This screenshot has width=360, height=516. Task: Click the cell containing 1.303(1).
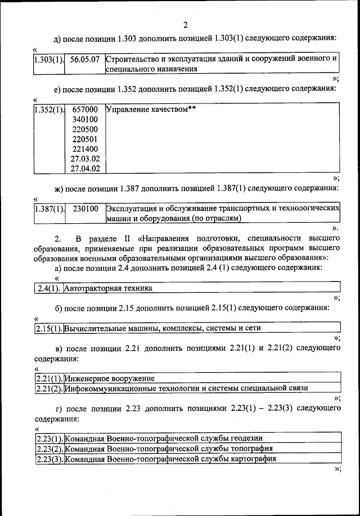48,58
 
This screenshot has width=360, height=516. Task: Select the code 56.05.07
85,58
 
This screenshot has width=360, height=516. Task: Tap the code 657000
85,109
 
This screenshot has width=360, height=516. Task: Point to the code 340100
85,119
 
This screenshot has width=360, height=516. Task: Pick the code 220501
85,139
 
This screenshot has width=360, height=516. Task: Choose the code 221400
85,148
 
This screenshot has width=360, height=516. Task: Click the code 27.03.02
85,159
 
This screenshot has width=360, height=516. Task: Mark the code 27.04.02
85,168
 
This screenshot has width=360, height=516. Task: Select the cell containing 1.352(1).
48,109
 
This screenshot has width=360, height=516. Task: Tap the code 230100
85,208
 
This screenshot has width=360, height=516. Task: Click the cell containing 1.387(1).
48,208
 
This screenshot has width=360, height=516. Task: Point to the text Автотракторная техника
109,288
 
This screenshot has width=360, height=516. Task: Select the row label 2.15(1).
48,328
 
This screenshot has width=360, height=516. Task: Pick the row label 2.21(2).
48,388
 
